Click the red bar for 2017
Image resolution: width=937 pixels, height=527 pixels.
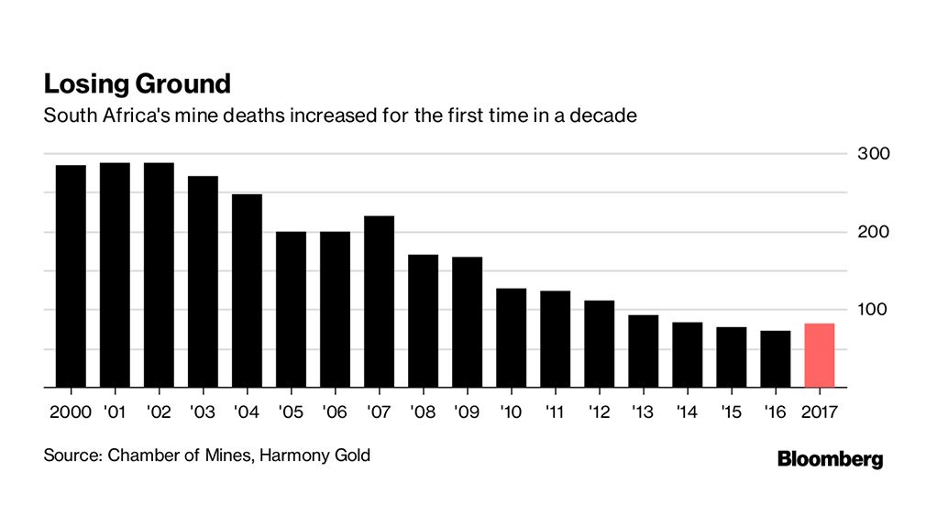click(819, 356)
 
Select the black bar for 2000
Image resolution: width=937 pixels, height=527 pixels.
click(71, 276)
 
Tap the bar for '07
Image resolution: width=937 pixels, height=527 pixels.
click(379, 302)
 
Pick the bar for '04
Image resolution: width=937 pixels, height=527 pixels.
click(247, 291)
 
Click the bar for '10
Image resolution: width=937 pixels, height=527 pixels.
click(511, 337)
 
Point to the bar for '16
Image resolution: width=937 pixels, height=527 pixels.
click(775, 359)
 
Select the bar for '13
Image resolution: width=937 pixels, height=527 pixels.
click(643, 351)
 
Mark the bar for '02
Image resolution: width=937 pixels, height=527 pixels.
click(159, 275)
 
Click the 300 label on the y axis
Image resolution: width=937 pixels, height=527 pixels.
click(874, 154)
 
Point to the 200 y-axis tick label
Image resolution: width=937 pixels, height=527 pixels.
click(874, 232)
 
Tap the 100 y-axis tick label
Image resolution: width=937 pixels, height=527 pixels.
click(874, 310)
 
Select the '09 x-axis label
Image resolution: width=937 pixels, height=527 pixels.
click(467, 412)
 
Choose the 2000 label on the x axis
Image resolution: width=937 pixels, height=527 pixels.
click(70, 412)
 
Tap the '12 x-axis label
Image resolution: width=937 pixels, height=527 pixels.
click(599, 412)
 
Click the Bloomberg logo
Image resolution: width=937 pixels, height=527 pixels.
click(830, 459)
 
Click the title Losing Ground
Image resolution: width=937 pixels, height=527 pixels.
click(137, 84)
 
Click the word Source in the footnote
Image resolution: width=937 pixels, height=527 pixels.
click(71, 455)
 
